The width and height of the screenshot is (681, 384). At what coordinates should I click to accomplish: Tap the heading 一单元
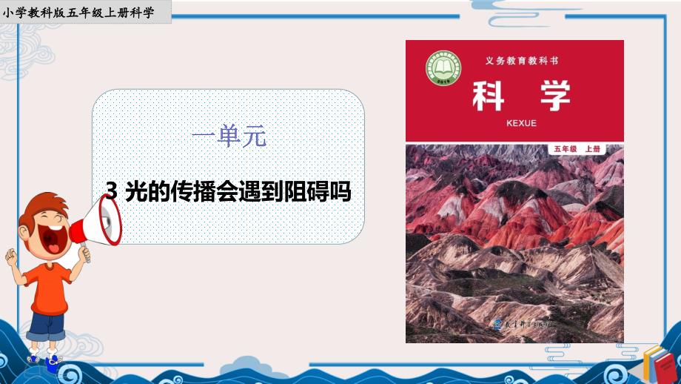[228, 136]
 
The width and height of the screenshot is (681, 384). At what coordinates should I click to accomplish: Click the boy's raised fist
[11, 256]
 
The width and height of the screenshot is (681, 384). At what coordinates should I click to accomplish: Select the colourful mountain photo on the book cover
[514, 237]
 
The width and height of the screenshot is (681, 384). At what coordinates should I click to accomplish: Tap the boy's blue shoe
[53, 363]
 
